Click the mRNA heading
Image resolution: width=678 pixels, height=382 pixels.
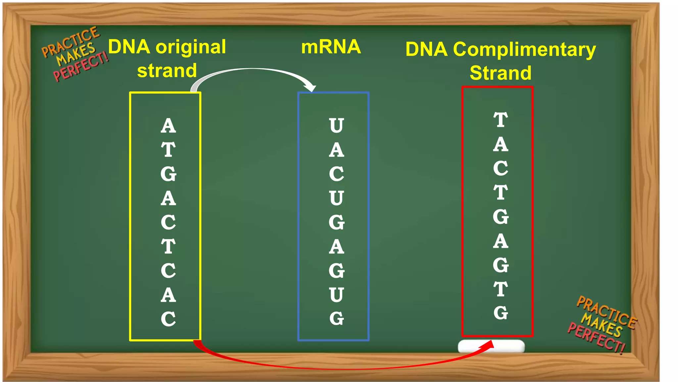pyautogui.click(x=331, y=47)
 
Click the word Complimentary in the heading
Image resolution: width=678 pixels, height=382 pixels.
pyautogui.click(x=524, y=50)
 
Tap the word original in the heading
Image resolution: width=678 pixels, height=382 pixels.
pyautogui.click(x=191, y=47)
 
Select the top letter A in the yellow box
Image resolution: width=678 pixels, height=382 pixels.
pyautogui.click(x=168, y=126)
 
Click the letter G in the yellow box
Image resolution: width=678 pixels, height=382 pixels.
pyautogui.click(x=168, y=174)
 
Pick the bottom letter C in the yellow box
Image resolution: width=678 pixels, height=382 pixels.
pyautogui.click(x=168, y=319)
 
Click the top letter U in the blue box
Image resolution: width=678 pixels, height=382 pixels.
pyautogui.click(x=336, y=126)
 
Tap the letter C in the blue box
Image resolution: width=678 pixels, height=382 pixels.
pyautogui.click(x=336, y=174)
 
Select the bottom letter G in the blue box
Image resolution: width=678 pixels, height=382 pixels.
pyautogui.click(x=336, y=319)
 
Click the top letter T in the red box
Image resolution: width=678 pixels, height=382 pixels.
pyautogui.click(x=501, y=120)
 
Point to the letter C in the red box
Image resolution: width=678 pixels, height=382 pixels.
pyautogui.click(x=501, y=168)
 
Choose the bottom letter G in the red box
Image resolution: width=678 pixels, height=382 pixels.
pyautogui.click(x=501, y=313)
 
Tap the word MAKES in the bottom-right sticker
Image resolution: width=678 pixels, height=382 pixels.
pyautogui.click(x=602, y=324)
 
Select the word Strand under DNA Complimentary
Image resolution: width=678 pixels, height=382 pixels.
pyautogui.click(x=501, y=73)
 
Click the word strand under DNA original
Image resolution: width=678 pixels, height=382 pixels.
pyautogui.click(x=167, y=71)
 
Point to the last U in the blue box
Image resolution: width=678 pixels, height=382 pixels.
pyautogui.click(x=336, y=295)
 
